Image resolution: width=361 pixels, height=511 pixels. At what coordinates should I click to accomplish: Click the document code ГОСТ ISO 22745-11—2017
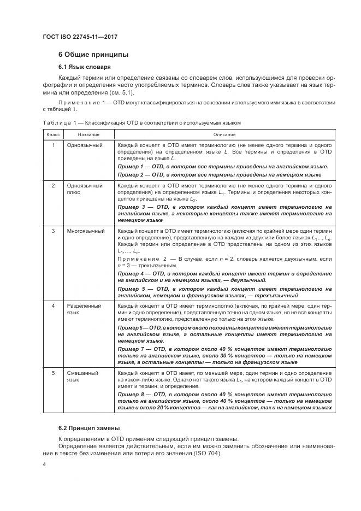click(x=80, y=37)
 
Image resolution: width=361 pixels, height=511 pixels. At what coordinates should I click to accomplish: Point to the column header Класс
click(x=53, y=134)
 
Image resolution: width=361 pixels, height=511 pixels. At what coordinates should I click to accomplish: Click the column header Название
click(x=88, y=134)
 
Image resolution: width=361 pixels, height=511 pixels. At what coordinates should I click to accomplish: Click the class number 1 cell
click(x=53, y=145)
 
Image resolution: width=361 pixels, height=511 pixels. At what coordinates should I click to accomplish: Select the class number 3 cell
click(x=53, y=231)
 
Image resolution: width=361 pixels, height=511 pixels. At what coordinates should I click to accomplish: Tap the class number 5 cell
click(x=53, y=373)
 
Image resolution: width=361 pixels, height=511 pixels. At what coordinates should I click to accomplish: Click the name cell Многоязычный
click(x=86, y=231)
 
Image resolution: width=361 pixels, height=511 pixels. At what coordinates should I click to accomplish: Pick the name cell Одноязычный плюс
click(x=85, y=189)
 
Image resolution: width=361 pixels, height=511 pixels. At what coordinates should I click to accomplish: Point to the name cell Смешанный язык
click(x=82, y=377)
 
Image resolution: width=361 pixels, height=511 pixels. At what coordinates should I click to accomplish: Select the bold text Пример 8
click(x=132, y=393)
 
